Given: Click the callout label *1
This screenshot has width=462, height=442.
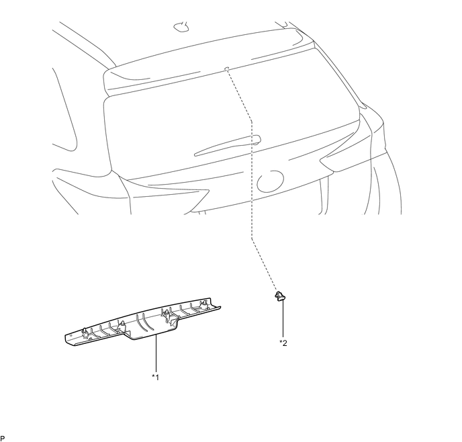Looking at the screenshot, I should (155, 377).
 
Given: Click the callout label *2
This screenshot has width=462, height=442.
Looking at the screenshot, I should (283, 343).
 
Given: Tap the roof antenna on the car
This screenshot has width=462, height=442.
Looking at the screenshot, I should (182, 27).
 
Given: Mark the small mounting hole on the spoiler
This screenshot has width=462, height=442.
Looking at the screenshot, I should (227, 68).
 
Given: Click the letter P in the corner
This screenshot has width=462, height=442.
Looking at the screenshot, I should (3, 438).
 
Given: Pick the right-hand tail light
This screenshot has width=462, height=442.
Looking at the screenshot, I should (349, 151).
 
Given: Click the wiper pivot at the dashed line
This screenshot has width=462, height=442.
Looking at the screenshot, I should (255, 140).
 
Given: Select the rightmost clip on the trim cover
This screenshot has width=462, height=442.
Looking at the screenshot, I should (204, 306).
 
